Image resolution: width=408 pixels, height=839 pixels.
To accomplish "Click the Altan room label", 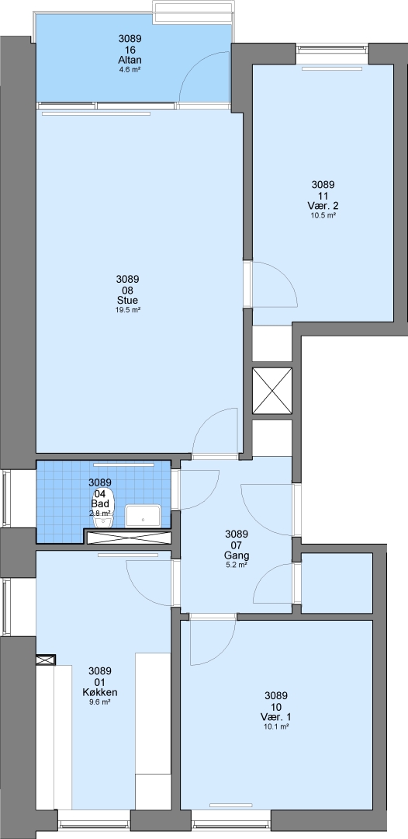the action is pyautogui.click(x=130, y=60).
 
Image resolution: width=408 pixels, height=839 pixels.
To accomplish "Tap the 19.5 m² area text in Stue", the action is pyautogui.click(x=128, y=310).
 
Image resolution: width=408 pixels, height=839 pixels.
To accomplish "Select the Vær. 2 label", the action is pyautogui.click(x=323, y=205).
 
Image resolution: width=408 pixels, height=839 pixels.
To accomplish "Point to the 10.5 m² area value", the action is pyautogui.click(x=323, y=216).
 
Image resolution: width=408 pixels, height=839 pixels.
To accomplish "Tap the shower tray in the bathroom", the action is pyautogui.click(x=143, y=516).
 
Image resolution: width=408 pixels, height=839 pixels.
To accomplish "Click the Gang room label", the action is pyautogui.click(x=237, y=555).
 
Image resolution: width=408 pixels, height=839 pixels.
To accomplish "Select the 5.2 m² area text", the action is pyautogui.click(x=237, y=565).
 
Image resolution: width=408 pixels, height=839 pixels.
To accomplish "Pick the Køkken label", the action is pyautogui.click(x=100, y=692).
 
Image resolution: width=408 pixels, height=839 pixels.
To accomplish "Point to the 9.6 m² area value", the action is pyautogui.click(x=100, y=702).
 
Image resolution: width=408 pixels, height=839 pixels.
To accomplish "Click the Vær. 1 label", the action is pyautogui.click(x=276, y=717).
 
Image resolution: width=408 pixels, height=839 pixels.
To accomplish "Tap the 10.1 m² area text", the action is pyautogui.click(x=276, y=727).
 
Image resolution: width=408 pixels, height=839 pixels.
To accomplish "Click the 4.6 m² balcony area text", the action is pyautogui.click(x=130, y=70).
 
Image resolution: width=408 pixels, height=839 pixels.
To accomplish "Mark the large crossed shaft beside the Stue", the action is pyautogui.click(x=272, y=391).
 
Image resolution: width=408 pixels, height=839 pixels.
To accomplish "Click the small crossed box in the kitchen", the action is pyautogui.click(x=46, y=660).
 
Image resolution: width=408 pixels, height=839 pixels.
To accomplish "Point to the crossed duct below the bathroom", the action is pyautogui.click(x=129, y=538).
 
